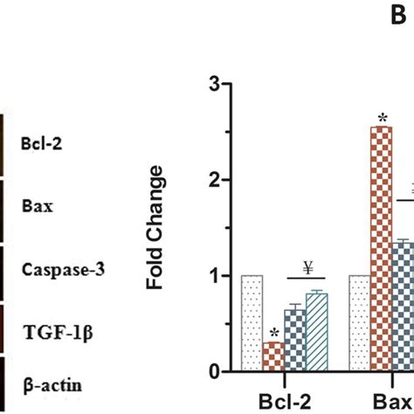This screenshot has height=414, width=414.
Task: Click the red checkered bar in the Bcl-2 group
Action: (273, 356)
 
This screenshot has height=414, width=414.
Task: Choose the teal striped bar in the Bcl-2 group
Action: (316, 332)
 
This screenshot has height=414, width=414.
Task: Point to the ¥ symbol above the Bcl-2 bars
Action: (307, 266)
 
